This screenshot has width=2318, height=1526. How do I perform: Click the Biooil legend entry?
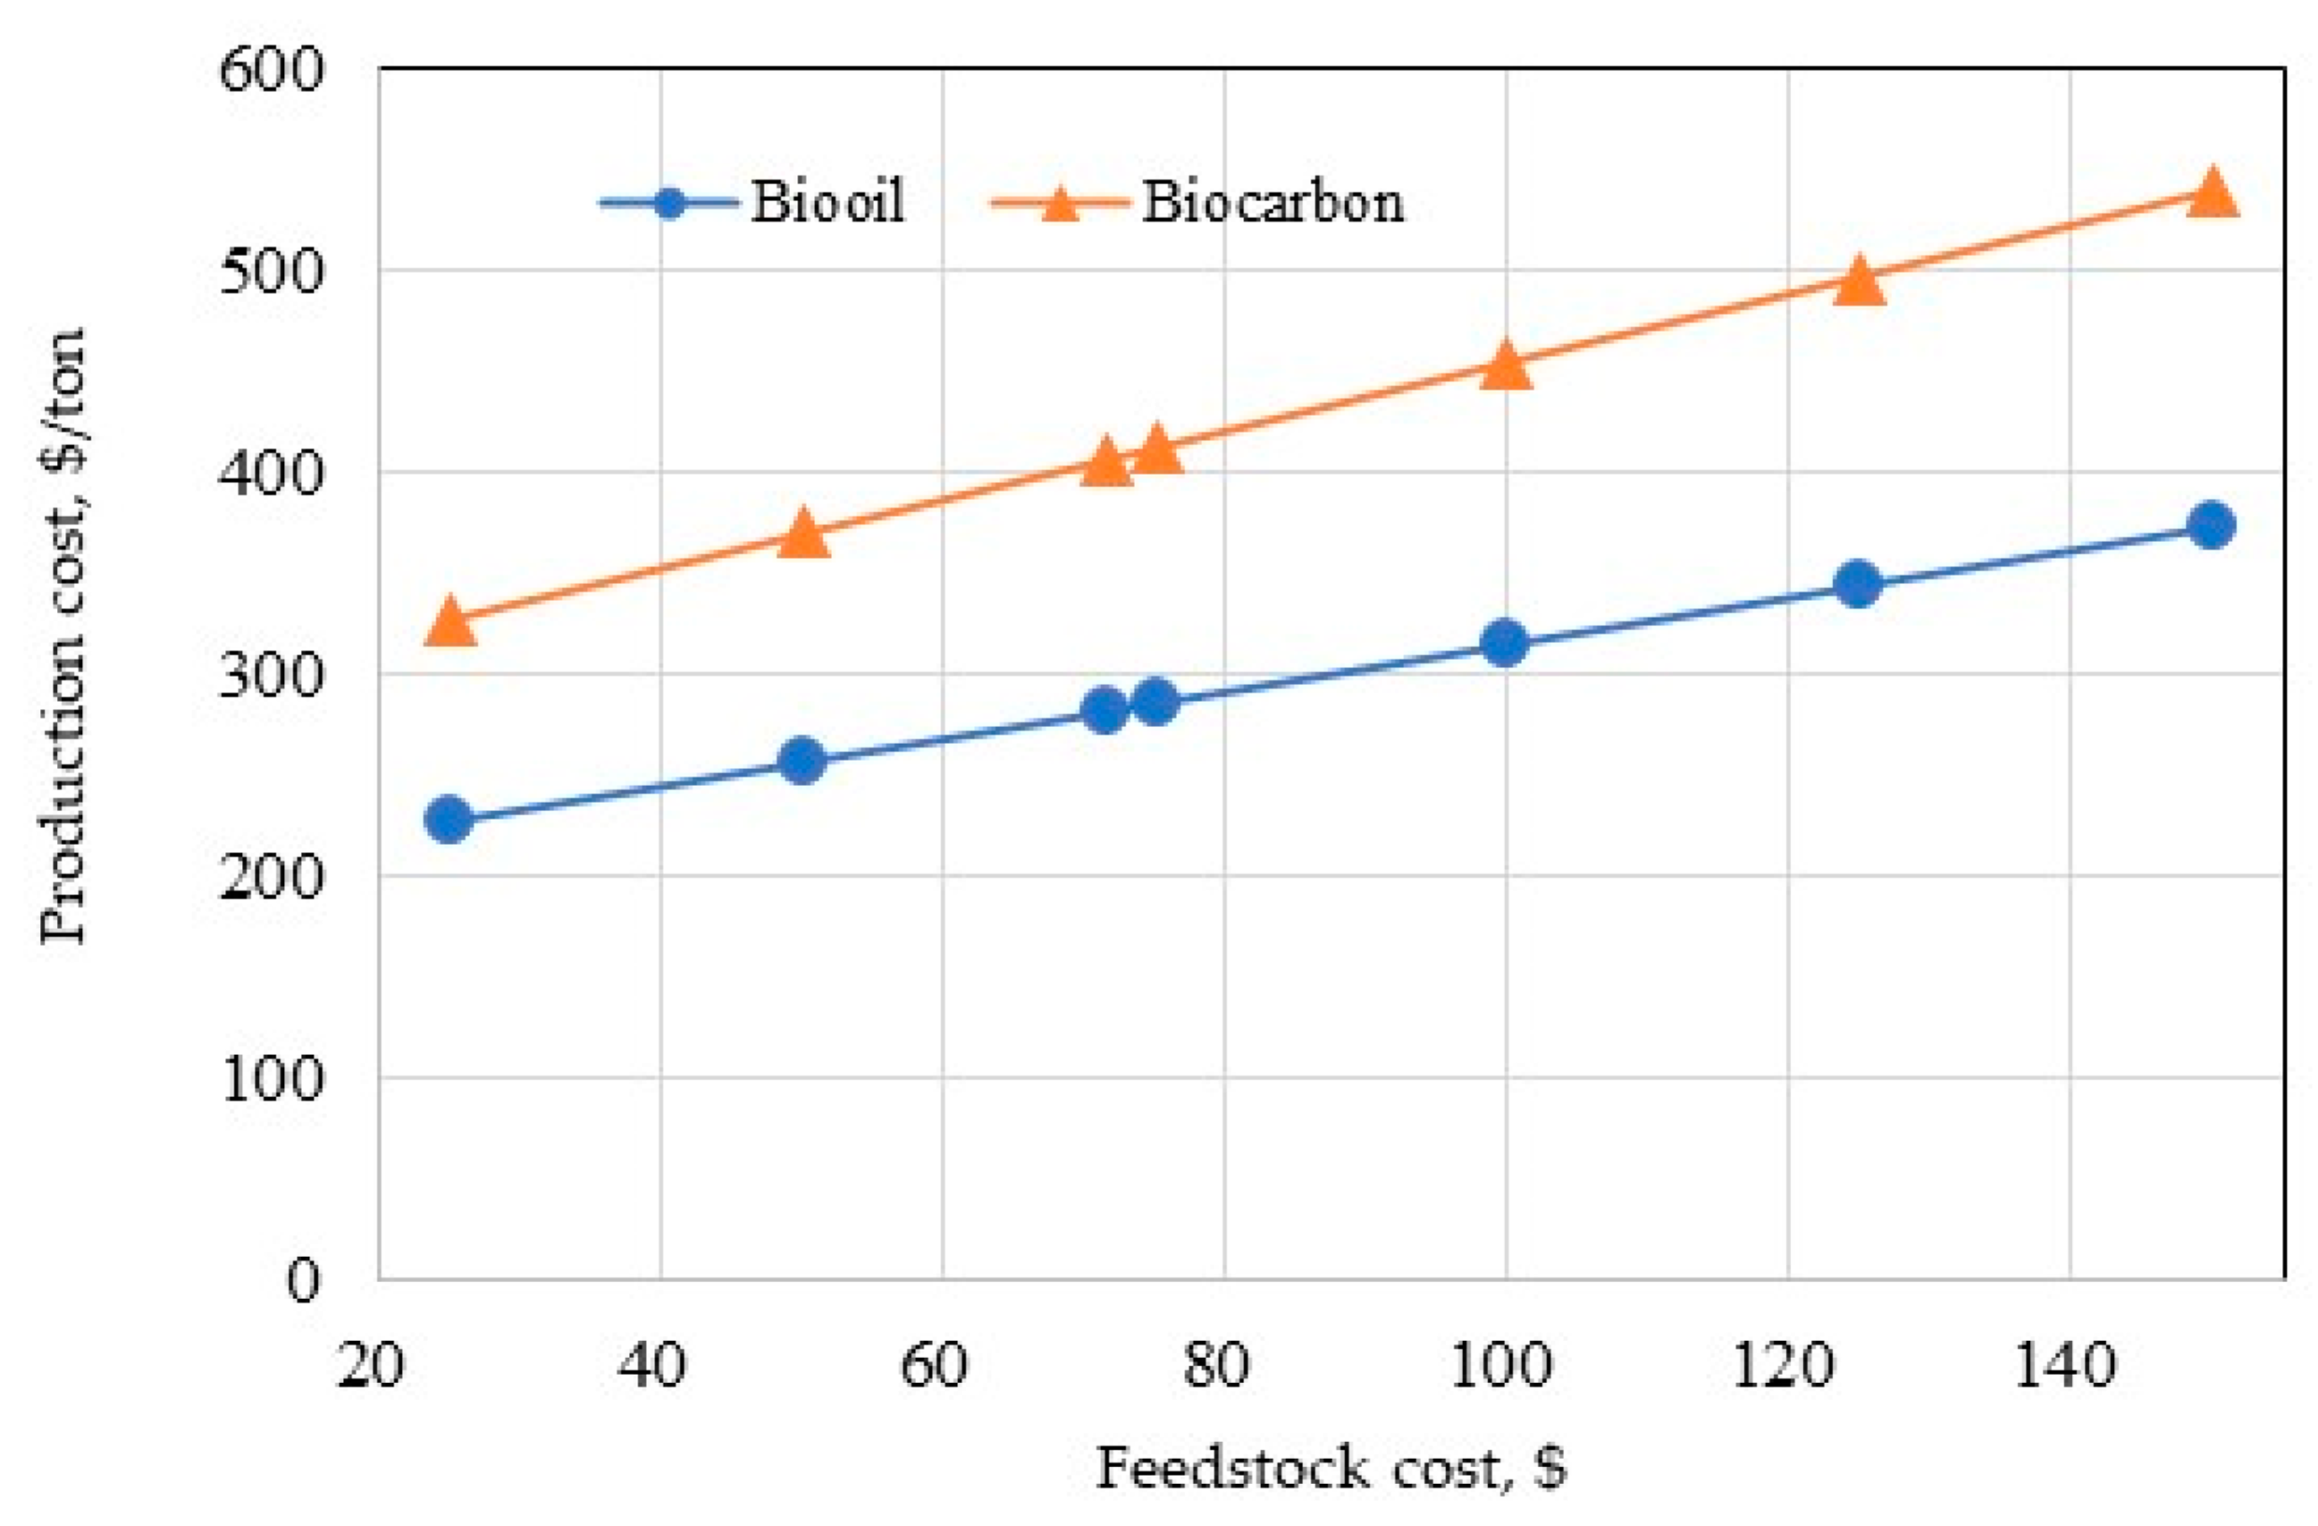828,203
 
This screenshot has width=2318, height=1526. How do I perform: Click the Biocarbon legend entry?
1272,203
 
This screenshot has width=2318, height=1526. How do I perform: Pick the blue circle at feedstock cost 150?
2211,526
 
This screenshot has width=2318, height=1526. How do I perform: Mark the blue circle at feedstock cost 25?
449,820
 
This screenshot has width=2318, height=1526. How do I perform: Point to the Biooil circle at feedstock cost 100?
1505,644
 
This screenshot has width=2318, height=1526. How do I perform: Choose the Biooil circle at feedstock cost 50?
803,762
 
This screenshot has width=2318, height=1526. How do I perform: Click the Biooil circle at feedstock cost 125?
1858,584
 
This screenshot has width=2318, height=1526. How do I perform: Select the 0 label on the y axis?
302,1281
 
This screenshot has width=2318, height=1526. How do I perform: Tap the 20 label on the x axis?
370,1365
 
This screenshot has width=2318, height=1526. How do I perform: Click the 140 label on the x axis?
2063,1365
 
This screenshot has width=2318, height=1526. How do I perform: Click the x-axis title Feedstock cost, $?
1331,1469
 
